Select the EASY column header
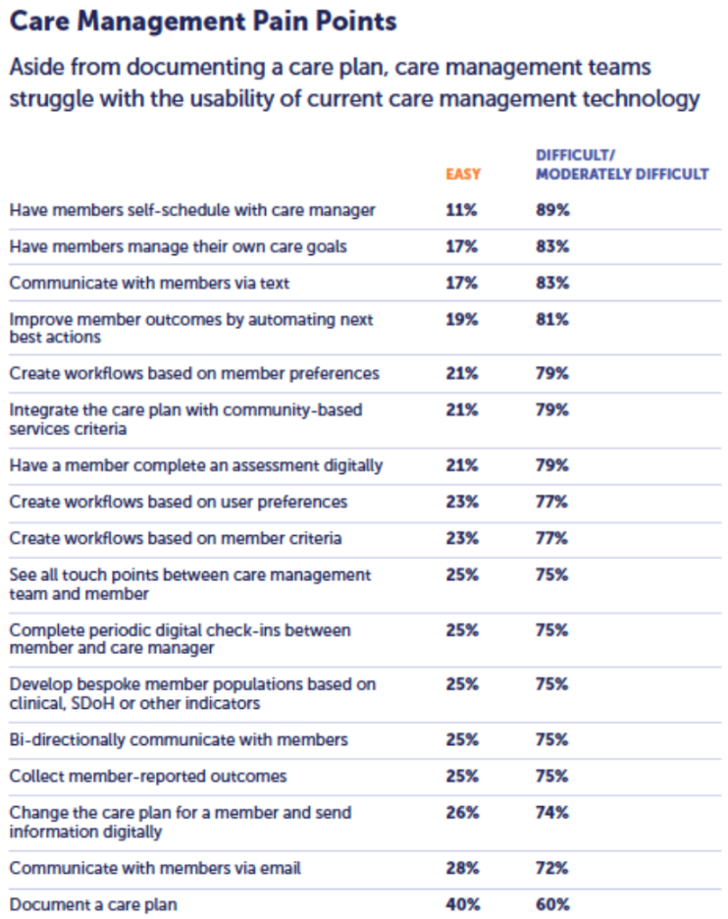point(463,175)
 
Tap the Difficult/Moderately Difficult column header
point(621,165)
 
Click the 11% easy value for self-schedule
point(461,210)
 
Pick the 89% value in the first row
point(552,210)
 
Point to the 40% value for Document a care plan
point(462,904)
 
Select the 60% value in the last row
point(552,904)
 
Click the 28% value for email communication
point(462,868)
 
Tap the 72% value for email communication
point(552,868)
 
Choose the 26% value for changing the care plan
point(462,813)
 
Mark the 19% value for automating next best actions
point(461,320)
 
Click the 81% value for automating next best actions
point(552,320)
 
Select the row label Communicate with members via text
point(148,283)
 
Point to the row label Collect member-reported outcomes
point(148,777)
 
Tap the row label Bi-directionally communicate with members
point(179,740)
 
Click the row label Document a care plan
point(94,904)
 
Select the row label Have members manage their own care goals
point(178,246)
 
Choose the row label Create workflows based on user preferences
point(178,502)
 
